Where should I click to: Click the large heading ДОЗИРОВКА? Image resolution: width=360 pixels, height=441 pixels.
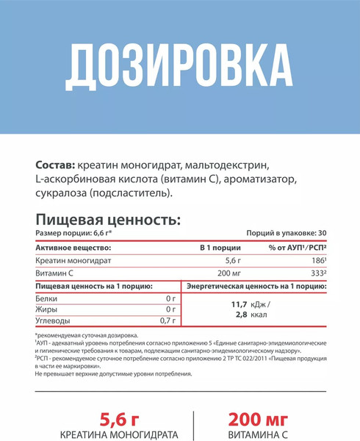pos(179,68)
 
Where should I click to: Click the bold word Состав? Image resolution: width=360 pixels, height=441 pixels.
pos(54,164)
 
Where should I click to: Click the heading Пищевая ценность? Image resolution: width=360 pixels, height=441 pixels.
pos(107,219)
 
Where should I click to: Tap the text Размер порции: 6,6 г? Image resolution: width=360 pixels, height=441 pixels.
pos(76,232)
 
